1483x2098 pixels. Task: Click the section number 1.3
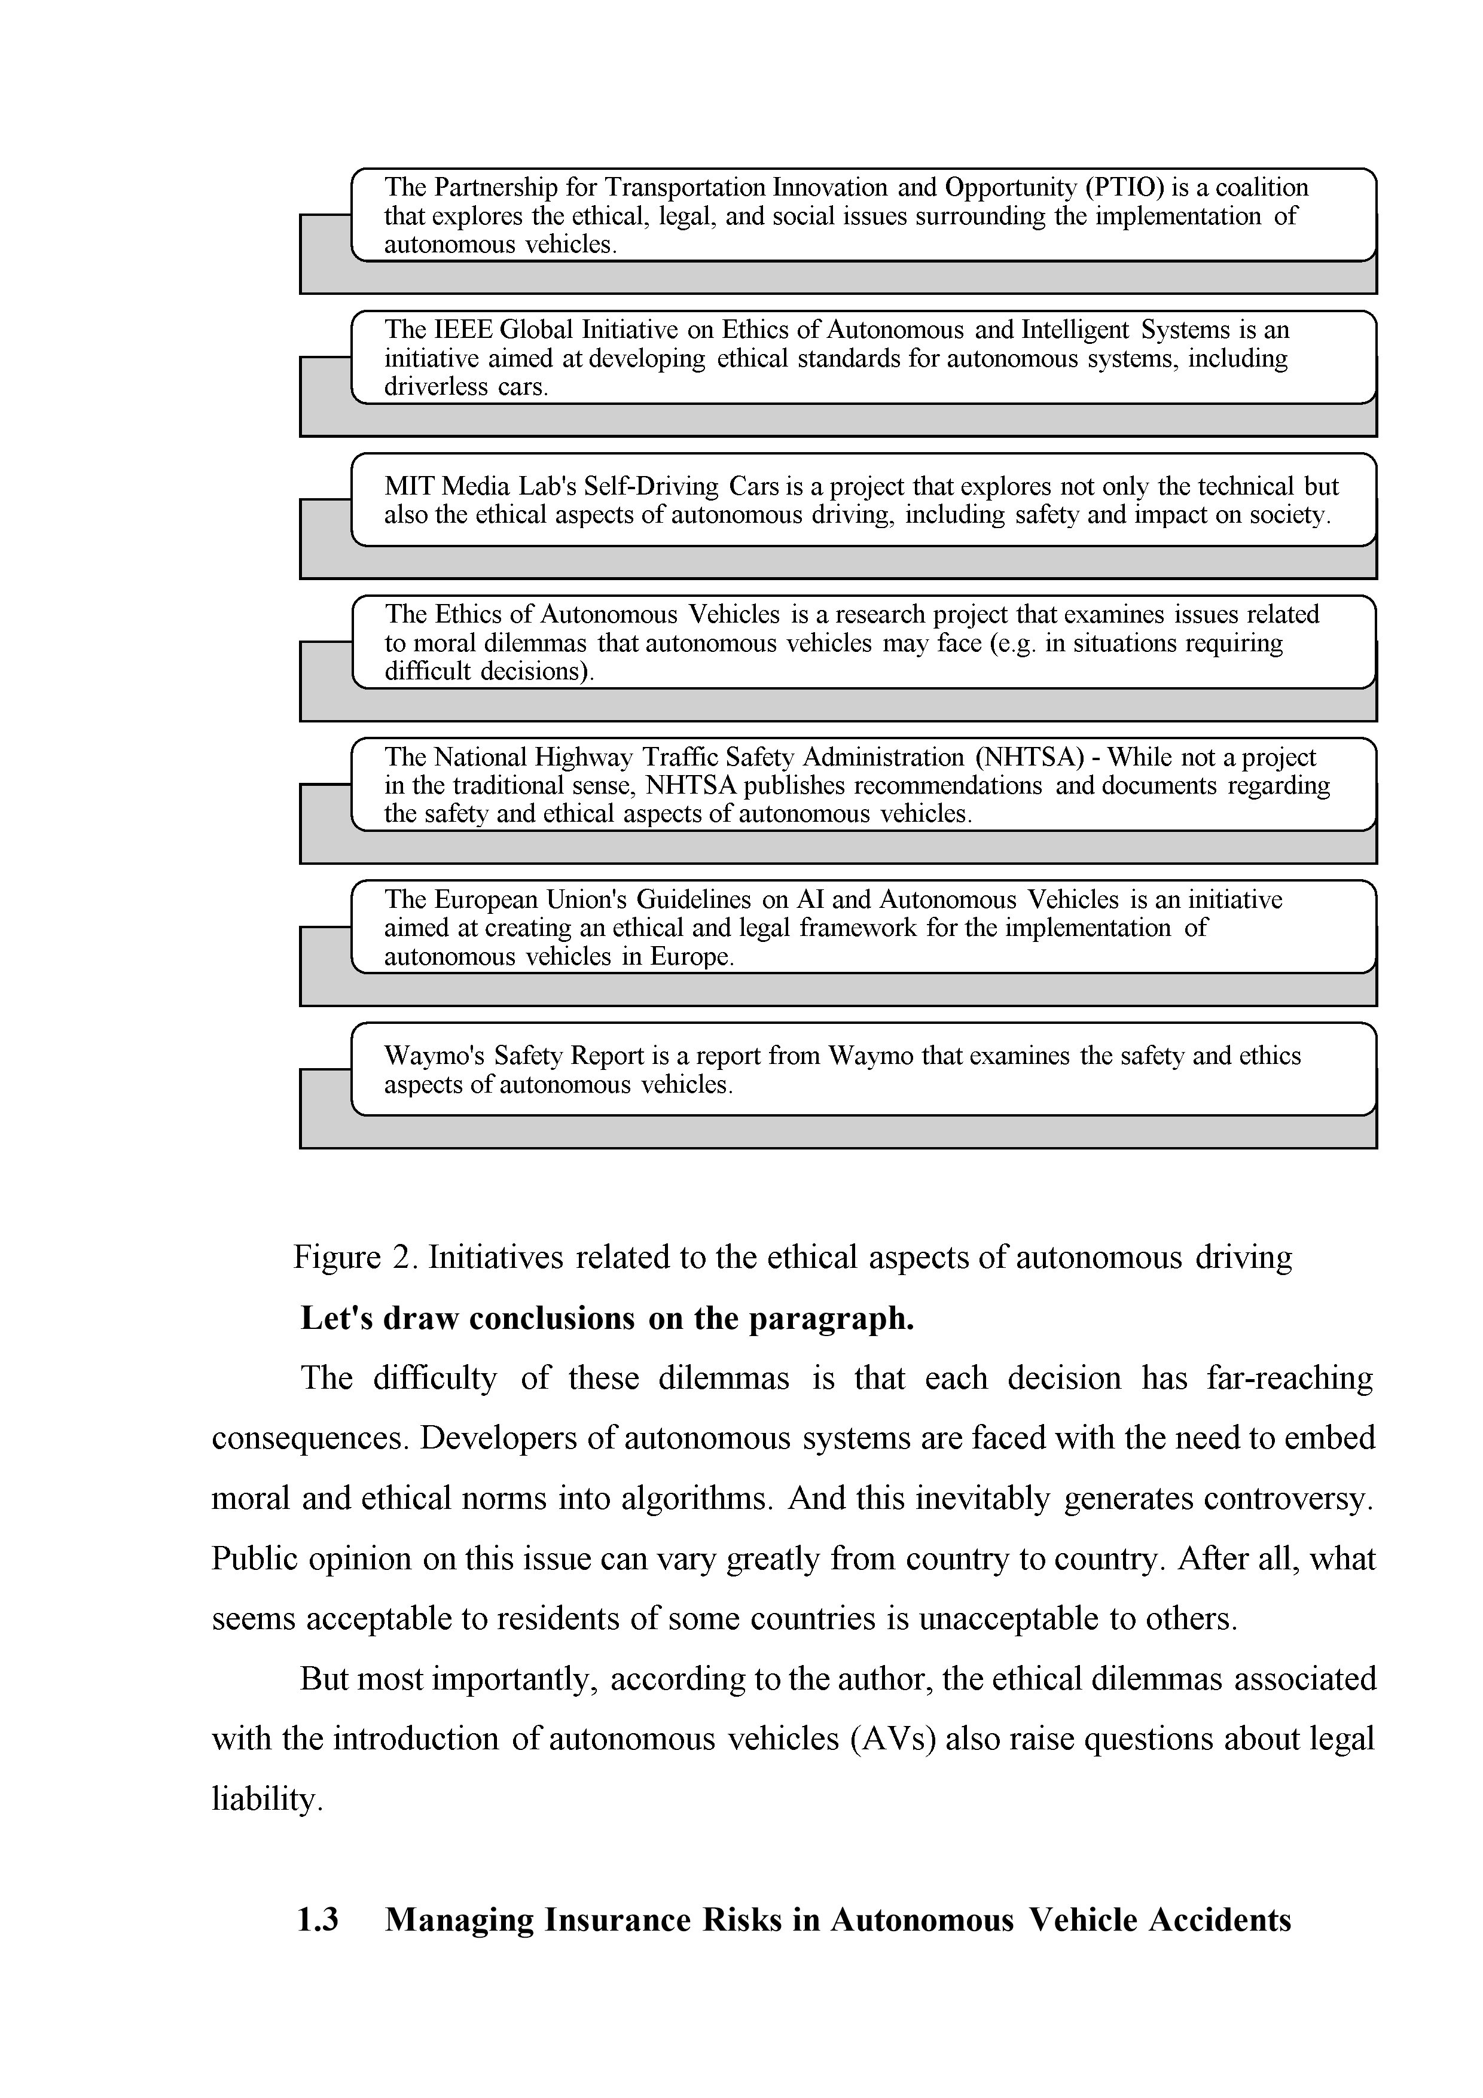tap(318, 1920)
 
